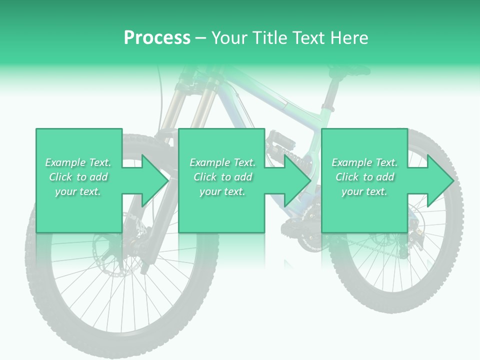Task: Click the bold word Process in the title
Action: [157, 37]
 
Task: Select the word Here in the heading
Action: [349, 37]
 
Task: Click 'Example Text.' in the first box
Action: [78, 162]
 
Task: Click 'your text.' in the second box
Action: [222, 191]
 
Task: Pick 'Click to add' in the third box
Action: [364, 177]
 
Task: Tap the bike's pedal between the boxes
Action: [280, 142]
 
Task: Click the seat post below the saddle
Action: [330, 95]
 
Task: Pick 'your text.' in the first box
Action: [78, 191]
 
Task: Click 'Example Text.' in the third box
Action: [364, 162]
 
